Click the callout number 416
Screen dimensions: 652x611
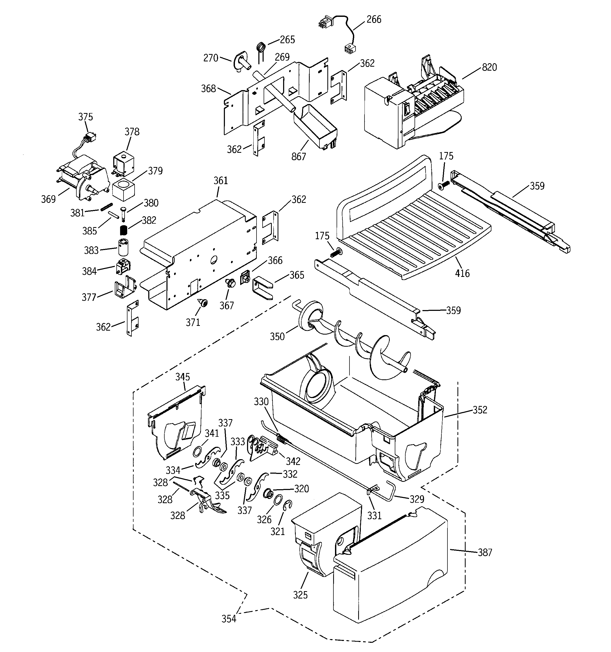click(462, 273)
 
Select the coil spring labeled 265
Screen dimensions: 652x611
click(261, 48)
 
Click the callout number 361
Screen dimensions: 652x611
click(221, 181)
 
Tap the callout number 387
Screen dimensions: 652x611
click(485, 553)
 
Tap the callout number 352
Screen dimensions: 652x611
click(480, 410)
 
